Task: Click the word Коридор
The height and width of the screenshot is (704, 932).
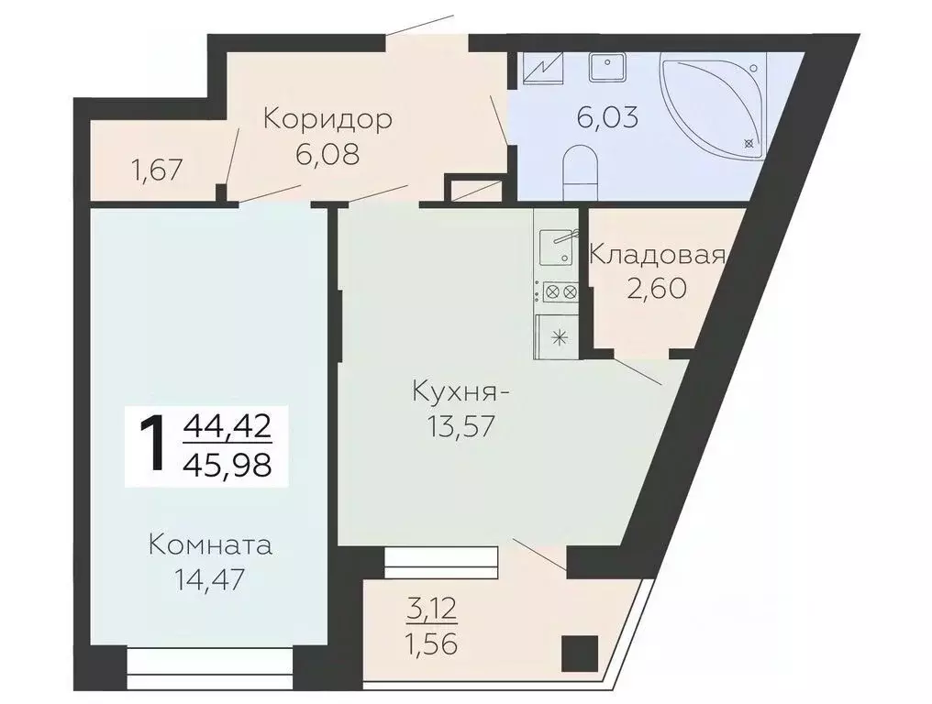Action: tap(327, 119)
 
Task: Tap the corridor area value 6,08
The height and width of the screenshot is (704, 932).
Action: tap(327, 153)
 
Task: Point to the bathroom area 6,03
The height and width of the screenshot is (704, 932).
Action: tap(606, 117)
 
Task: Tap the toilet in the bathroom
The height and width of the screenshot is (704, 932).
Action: tap(579, 167)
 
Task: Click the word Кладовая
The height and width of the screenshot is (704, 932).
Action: tap(657, 254)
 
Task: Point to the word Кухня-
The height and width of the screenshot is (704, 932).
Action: tap(460, 394)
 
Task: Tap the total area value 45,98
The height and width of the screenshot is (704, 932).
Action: tap(227, 466)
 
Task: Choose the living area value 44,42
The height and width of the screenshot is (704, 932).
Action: tap(227, 426)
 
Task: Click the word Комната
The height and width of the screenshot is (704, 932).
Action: tap(210, 545)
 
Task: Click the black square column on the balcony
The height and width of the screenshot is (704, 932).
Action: tap(579, 653)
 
